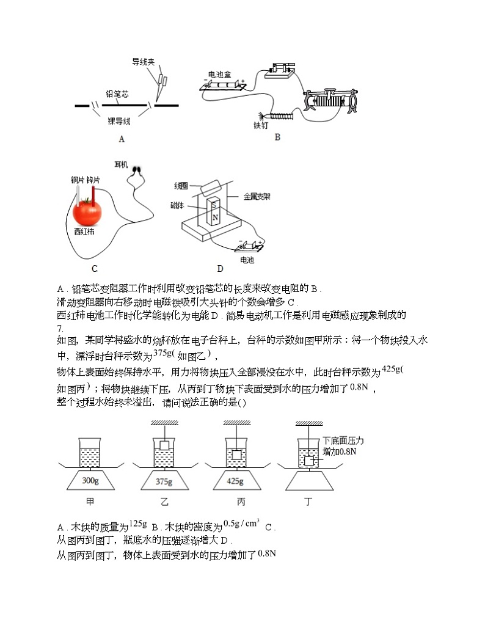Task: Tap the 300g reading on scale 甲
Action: click(x=89, y=481)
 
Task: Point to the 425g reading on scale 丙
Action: click(x=235, y=481)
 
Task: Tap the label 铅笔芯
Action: click(x=117, y=94)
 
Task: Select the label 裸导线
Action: click(x=120, y=121)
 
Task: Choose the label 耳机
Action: click(x=121, y=165)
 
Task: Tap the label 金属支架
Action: click(x=257, y=197)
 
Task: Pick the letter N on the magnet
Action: click(x=214, y=217)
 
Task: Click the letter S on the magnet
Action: click(x=214, y=203)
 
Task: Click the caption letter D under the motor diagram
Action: click(x=220, y=268)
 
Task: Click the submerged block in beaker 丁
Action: click(x=309, y=461)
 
